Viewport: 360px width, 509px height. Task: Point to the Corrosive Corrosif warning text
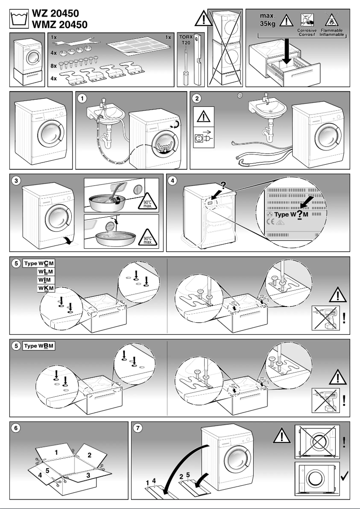[307, 32]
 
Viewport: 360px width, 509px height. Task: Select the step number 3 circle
[16, 180]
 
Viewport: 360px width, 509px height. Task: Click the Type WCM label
[40, 263]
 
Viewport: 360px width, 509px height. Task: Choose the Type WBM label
[40, 346]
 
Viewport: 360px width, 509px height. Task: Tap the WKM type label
[46, 288]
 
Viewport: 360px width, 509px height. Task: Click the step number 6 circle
[16, 428]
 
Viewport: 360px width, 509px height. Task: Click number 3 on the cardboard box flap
[88, 474]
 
